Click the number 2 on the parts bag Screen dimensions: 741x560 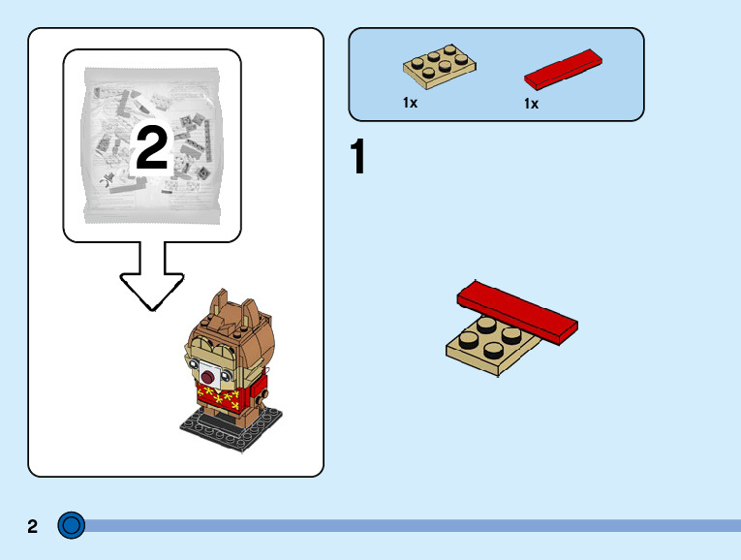point(152,148)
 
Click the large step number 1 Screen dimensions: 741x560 point(358,160)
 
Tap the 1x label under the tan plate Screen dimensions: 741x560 point(411,102)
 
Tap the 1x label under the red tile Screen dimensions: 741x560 point(532,103)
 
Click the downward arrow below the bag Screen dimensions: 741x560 point(152,276)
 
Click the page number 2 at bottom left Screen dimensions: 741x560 point(33,527)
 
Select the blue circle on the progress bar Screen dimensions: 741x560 point(72,525)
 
